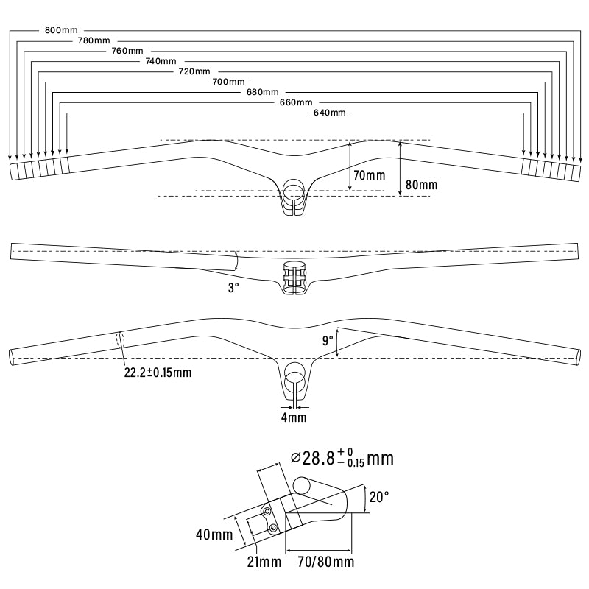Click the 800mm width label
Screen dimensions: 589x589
click(x=61, y=30)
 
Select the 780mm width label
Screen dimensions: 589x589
click(x=94, y=40)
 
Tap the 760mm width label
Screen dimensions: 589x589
click(x=127, y=51)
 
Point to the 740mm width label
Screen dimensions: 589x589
click(x=161, y=61)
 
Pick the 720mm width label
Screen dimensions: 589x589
click(x=194, y=71)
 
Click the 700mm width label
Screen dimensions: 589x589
click(x=228, y=82)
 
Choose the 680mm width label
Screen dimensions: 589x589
click(x=263, y=91)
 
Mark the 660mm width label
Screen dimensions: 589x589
click(x=296, y=102)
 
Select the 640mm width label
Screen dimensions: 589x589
click(x=329, y=113)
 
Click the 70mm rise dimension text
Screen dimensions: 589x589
click(x=370, y=175)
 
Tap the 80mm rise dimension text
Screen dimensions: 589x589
click(x=421, y=185)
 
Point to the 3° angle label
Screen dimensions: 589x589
click(x=233, y=288)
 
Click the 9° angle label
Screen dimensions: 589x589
click(x=328, y=341)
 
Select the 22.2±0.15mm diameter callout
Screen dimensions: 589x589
click(x=158, y=373)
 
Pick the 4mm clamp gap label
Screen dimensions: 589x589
click(x=294, y=417)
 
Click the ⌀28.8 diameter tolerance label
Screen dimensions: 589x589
click(x=342, y=458)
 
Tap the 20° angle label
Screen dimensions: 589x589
click(x=379, y=497)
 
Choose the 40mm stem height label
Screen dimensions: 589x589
click(x=214, y=535)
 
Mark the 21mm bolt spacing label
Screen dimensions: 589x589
click(x=264, y=562)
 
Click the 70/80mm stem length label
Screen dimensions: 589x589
click(x=326, y=562)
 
